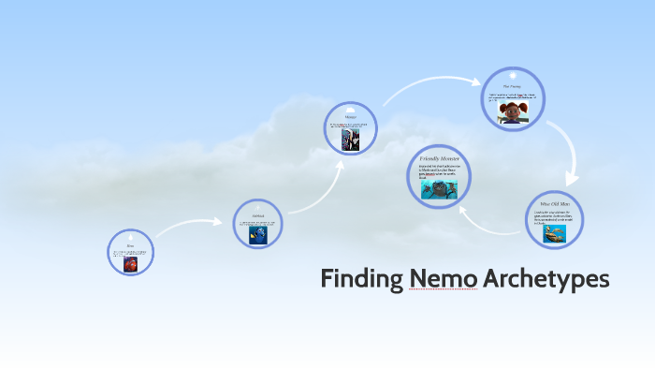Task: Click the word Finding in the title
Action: tap(361, 280)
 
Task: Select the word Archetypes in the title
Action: tap(546, 280)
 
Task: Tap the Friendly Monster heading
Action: tap(439, 160)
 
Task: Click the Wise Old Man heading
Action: tap(555, 202)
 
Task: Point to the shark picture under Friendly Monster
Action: tap(439, 190)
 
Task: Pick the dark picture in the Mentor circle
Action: tap(351, 140)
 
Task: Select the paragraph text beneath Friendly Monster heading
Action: tap(439, 171)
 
